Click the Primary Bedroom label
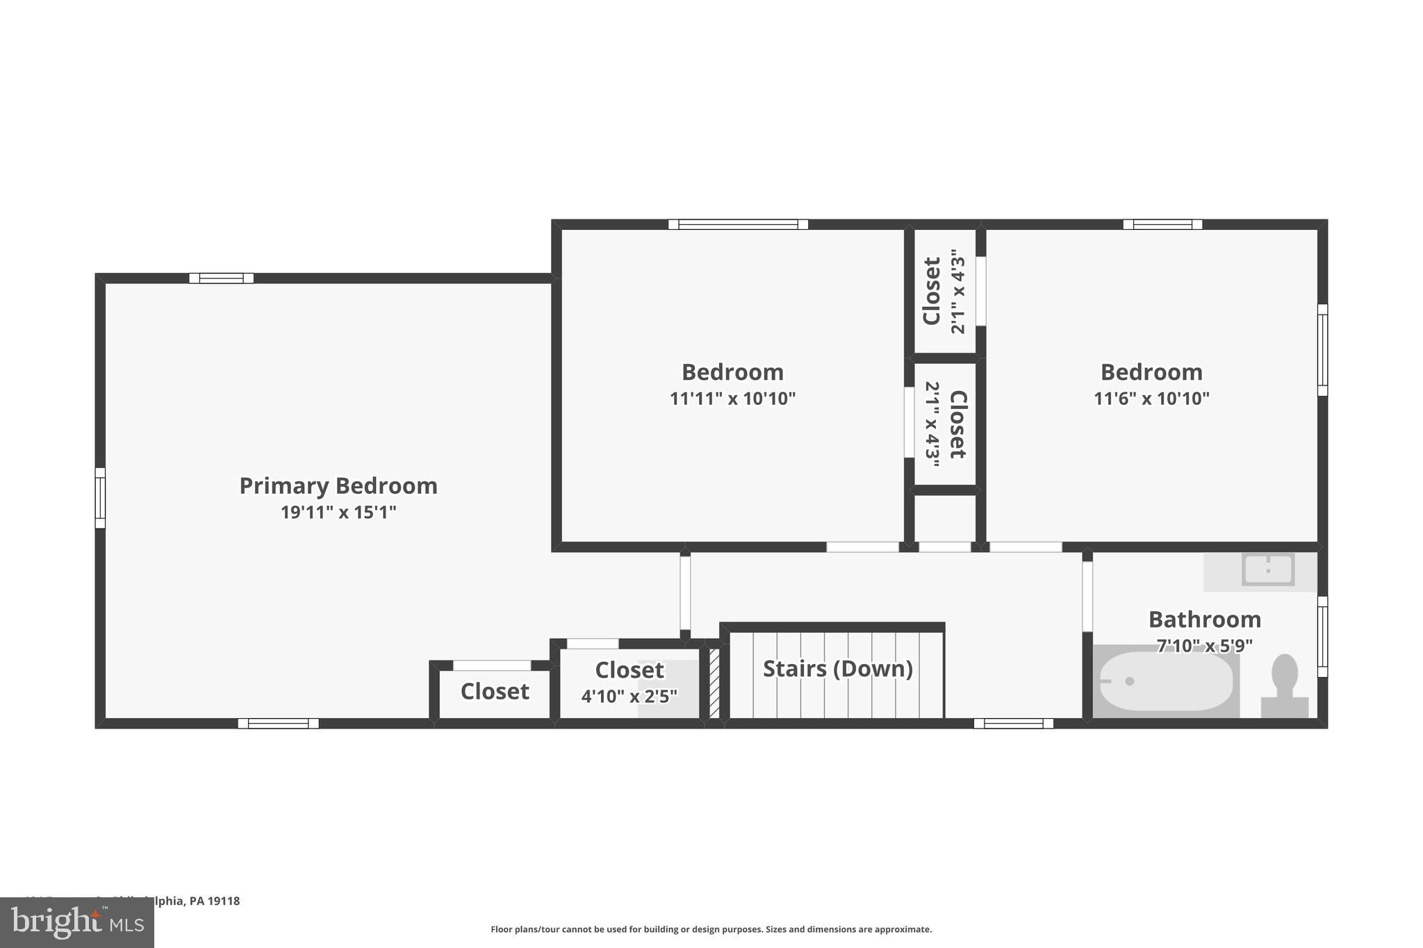click(x=338, y=485)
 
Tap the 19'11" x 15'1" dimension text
click(x=338, y=513)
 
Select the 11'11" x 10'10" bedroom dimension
click(x=732, y=399)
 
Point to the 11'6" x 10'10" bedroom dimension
click(x=1151, y=399)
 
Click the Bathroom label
click(x=1204, y=619)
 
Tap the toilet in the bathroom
click(x=1285, y=684)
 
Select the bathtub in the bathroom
click(x=1165, y=681)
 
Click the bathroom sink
click(x=1268, y=569)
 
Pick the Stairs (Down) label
click(x=837, y=668)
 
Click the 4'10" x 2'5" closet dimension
click(x=629, y=696)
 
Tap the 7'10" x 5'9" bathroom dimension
click(x=1204, y=646)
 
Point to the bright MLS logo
click(x=77, y=922)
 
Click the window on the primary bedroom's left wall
click(x=100, y=498)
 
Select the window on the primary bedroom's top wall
click(x=222, y=278)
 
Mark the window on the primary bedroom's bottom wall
click(x=278, y=723)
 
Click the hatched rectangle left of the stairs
click(x=714, y=683)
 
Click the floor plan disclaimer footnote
click(x=711, y=929)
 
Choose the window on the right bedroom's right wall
click(x=1322, y=350)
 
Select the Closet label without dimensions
click(x=495, y=691)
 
